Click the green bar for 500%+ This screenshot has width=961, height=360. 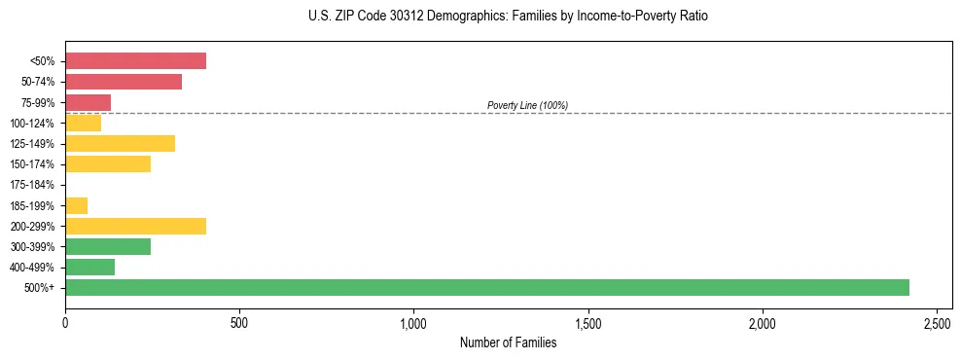(x=486, y=287)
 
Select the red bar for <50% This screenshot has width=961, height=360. (x=135, y=61)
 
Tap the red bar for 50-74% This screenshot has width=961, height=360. (x=124, y=82)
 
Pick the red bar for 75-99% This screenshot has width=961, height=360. (x=88, y=102)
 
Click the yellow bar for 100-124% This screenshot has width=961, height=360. (x=83, y=123)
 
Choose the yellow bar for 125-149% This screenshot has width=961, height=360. (x=120, y=144)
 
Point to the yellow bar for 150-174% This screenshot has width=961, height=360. (x=108, y=164)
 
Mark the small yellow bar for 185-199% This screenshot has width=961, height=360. (x=76, y=205)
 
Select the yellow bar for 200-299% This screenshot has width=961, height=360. (x=135, y=226)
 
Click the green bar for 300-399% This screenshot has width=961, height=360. (x=108, y=246)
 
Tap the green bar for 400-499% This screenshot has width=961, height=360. (x=89, y=267)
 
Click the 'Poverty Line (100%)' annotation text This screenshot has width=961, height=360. (x=527, y=105)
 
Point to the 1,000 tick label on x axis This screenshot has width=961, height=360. (x=413, y=322)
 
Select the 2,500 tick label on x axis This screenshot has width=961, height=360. (x=937, y=322)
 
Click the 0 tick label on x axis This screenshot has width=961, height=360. (x=65, y=322)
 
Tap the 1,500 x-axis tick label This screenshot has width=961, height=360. (x=587, y=322)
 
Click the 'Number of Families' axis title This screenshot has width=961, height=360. (x=508, y=342)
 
